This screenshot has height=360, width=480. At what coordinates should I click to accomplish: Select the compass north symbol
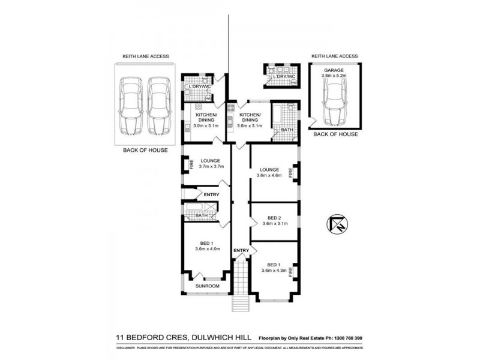335,224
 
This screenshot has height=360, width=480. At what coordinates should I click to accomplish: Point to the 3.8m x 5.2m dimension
335,76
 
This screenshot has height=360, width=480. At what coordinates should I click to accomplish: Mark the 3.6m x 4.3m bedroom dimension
273,271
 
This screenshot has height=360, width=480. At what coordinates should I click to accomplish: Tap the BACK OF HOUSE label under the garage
335,134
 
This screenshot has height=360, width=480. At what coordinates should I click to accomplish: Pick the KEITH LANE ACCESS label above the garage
334,56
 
